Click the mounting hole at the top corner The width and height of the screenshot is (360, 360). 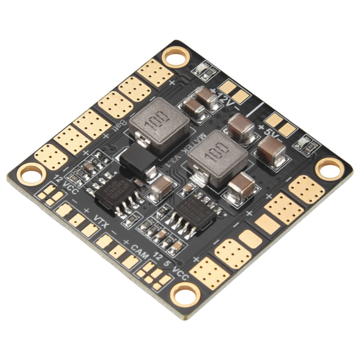click(x=176, y=57)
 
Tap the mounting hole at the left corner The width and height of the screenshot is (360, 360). click(x=31, y=174)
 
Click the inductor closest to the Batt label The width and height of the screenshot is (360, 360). click(x=159, y=123)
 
